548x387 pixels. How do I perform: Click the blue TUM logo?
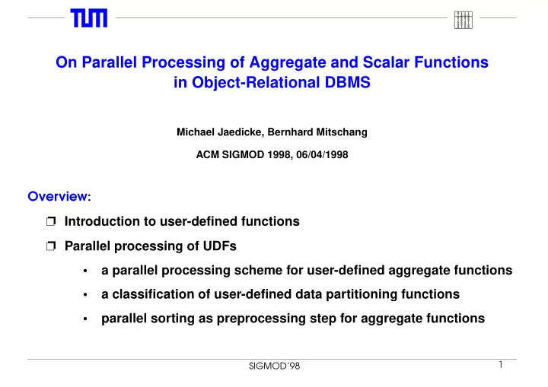point(89,18)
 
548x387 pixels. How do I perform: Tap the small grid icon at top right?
point(464,20)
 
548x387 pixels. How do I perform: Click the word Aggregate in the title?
point(288,62)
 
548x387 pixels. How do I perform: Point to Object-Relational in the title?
point(256,82)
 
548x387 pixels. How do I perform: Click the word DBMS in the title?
point(347,82)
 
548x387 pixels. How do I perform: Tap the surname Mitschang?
point(342,132)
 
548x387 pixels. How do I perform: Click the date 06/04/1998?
point(322,154)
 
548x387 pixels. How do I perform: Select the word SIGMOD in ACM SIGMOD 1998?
point(243,154)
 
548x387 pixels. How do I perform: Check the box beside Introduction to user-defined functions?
point(51,221)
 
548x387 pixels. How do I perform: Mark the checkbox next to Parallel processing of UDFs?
point(51,246)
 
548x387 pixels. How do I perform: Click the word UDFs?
point(220,246)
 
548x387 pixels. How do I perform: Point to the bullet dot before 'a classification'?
point(85,295)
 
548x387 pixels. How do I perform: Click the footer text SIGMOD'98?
point(274,366)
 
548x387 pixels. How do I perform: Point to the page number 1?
point(501,365)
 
